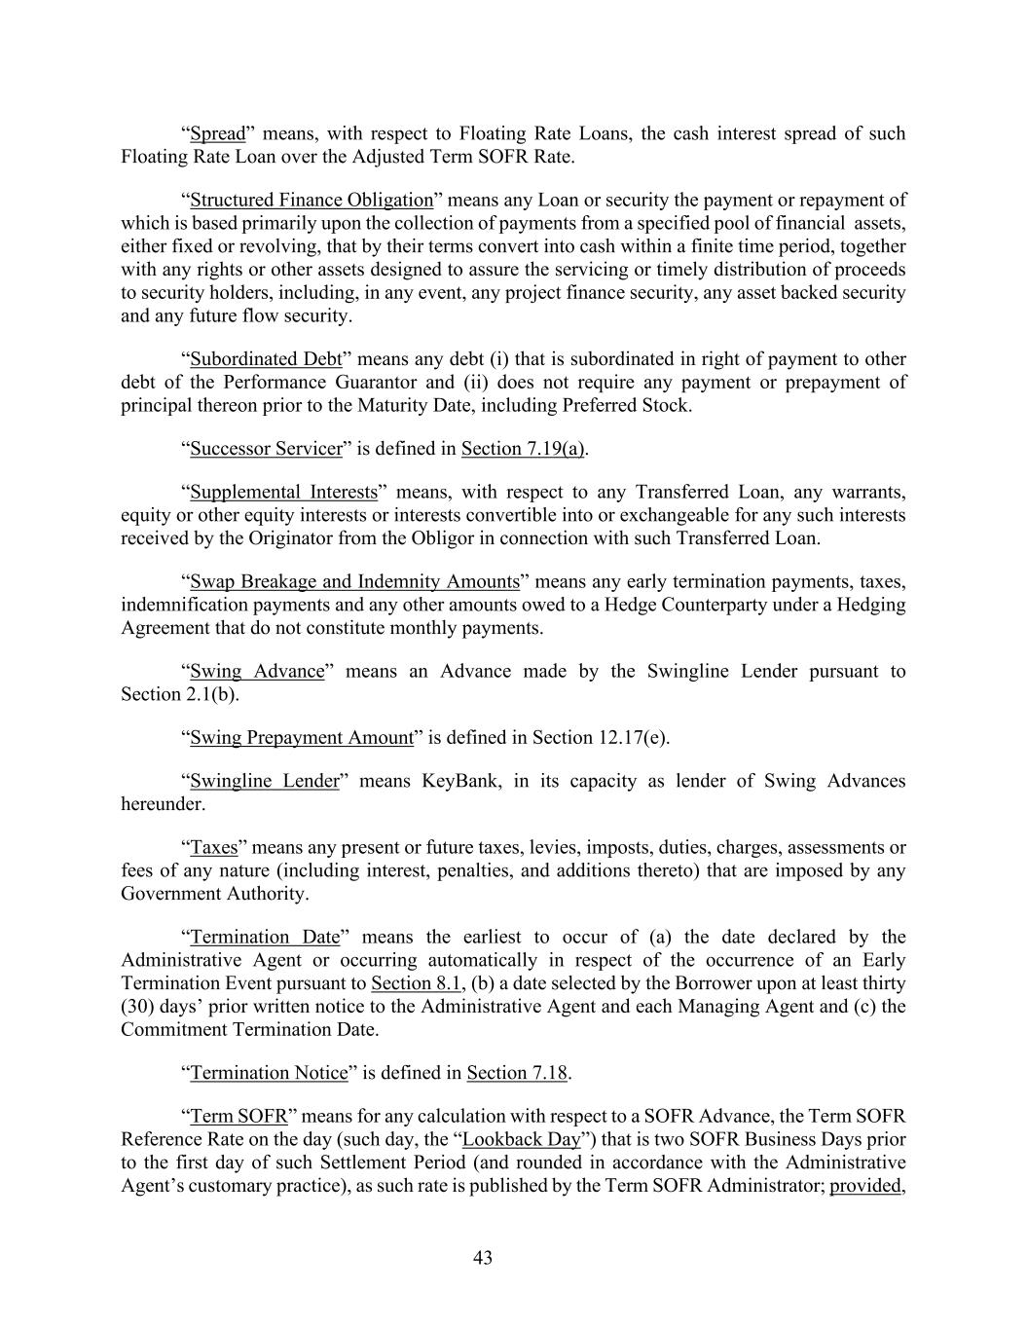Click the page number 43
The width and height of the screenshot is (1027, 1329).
[x=483, y=1258]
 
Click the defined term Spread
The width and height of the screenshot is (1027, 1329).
[x=217, y=133]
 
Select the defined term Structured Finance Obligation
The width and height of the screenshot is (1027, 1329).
[x=312, y=201]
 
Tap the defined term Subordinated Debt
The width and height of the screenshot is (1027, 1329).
[x=266, y=359]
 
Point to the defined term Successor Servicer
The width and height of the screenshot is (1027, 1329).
[x=266, y=449]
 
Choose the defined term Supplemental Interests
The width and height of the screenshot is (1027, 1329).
[x=283, y=492]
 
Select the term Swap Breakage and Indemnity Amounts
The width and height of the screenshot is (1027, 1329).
[x=354, y=582]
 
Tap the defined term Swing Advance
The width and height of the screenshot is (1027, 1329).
[x=257, y=672]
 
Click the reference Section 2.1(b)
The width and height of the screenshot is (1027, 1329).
[x=178, y=695]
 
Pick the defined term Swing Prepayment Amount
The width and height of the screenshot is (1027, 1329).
[x=302, y=738]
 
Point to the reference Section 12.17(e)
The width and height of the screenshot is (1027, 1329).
[x=600, y=738]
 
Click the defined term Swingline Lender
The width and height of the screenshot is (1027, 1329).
[x=265, y=782]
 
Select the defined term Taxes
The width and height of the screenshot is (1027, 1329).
[x=214, y=848]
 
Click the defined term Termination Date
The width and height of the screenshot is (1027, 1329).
[x=265, y=938]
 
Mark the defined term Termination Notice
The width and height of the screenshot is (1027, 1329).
[x=269, y=1073]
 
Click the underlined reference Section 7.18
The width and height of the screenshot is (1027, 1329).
[x=517, y=1073]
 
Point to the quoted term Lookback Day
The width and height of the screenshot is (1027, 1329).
[x=521, y=1139]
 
